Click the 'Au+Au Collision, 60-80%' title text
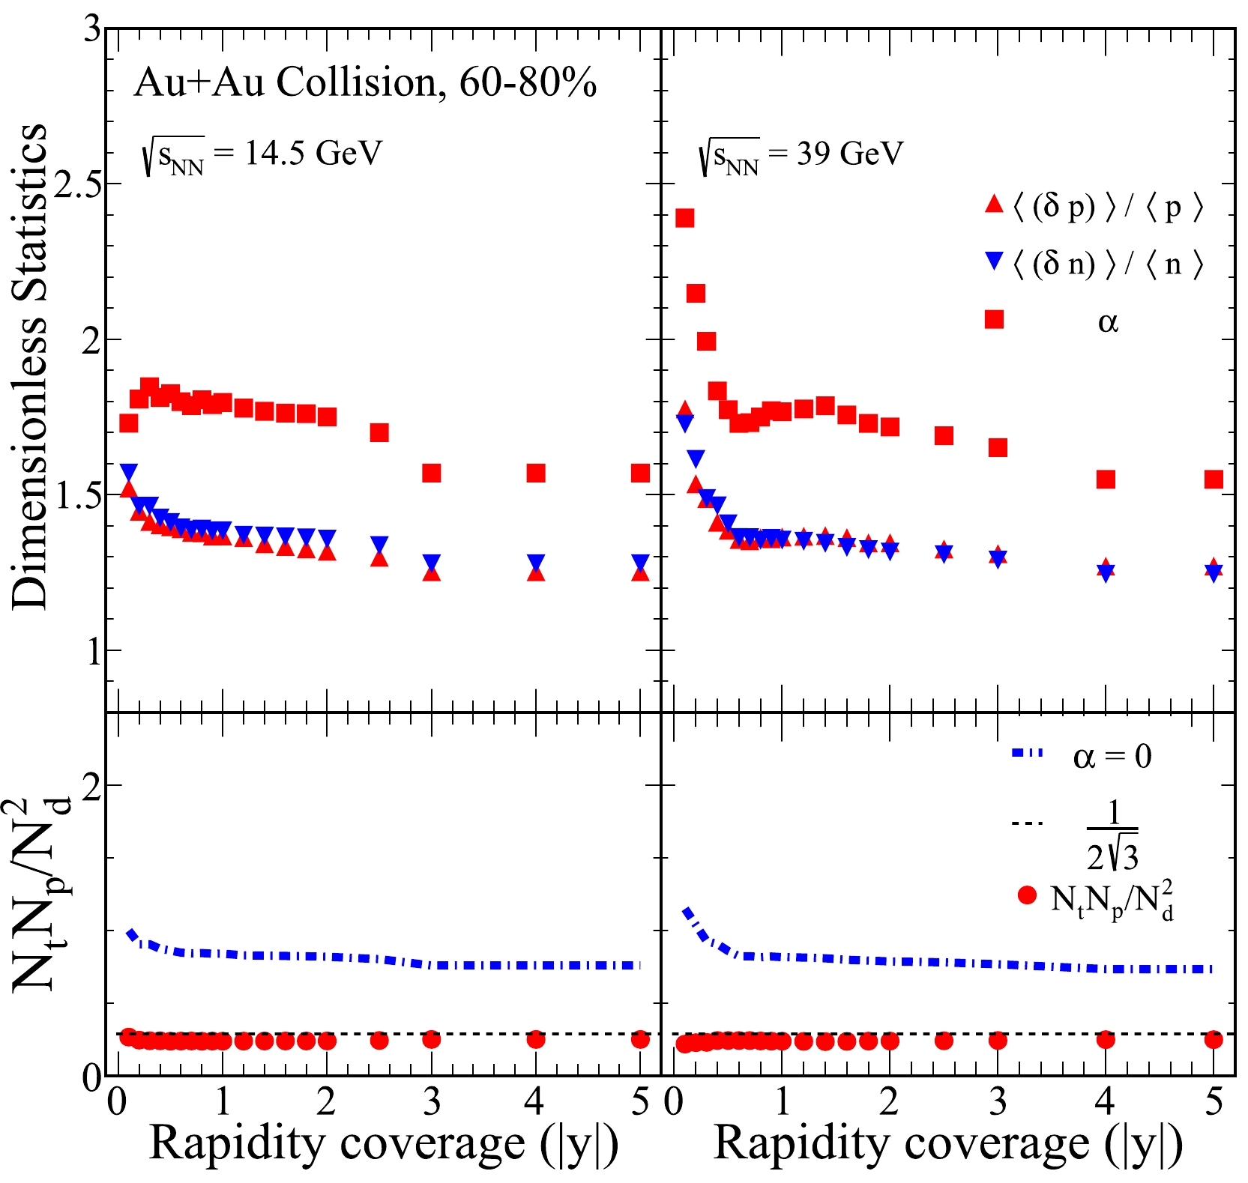pos(365,82)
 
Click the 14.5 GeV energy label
pos(262,155)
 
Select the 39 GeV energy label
pos(800,156)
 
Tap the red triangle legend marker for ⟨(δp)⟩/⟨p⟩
pos(994,204)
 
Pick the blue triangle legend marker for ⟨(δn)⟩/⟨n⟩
pos(994,261)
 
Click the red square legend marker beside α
pos(994,320)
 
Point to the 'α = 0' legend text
pos(1112,757)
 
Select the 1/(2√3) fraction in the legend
pos(1112,835)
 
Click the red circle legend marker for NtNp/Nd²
pos(1027,895)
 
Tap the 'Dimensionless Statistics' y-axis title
pos(30,367)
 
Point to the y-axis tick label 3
pos(92,30)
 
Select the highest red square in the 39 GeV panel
pos(684,218)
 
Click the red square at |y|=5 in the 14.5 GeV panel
pos(640,473)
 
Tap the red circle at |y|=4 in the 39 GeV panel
pos(1106,1039)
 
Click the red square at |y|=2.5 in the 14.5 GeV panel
pos(379,432)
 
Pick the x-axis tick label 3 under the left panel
pos(432,1102)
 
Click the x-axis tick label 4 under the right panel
pos(1106,1102)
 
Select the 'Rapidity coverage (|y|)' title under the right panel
pos(948,1144)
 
